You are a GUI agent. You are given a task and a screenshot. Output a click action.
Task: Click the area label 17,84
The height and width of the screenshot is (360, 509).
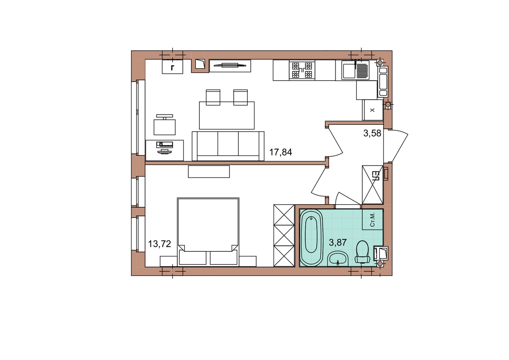(x=281, y=152)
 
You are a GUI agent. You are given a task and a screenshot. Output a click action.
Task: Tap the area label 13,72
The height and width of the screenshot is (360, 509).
(x=159, y=244)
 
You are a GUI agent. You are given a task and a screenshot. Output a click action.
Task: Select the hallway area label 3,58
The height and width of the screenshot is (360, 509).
(x=372, y=133)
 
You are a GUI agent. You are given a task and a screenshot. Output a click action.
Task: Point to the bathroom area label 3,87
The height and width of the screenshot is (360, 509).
(x=338, y=243)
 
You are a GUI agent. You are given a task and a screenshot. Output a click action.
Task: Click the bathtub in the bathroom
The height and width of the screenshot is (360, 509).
(x=311, y=237)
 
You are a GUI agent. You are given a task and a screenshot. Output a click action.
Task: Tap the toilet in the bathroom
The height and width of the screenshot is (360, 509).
(x=362, y=252)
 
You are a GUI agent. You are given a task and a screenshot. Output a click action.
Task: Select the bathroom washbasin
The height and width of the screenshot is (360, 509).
(x=338, y=259)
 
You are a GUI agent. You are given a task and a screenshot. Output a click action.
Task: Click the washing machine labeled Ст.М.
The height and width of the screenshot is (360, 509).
(x=372, y=219)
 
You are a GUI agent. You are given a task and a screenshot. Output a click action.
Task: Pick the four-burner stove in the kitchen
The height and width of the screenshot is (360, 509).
(x=302, y=70)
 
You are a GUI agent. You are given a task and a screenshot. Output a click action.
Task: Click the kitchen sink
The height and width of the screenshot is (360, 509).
(x=355, y=70)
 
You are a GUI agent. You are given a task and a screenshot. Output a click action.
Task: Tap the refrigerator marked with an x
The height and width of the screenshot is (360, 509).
(x=373, y=110)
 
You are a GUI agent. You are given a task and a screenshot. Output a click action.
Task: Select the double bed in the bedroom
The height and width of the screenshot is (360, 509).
(x=208, y=232)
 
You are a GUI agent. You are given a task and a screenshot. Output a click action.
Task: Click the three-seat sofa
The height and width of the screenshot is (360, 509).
(x=228, y=146)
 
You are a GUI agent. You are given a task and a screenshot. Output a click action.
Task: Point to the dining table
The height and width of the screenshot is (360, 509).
(x=227, y=115)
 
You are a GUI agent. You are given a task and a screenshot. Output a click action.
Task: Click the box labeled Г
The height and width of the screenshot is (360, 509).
(x=173, y=67)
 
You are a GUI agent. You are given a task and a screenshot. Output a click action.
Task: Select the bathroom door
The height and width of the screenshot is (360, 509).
(x=348, y=200)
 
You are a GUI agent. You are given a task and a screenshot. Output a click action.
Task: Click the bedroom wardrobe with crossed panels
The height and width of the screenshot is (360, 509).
(x=284, y=235)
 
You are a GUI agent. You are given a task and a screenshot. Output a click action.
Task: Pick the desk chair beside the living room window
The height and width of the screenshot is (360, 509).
(x=165, y=125)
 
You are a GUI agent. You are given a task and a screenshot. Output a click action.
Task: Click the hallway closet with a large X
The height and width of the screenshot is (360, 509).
(x=373, y=185)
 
